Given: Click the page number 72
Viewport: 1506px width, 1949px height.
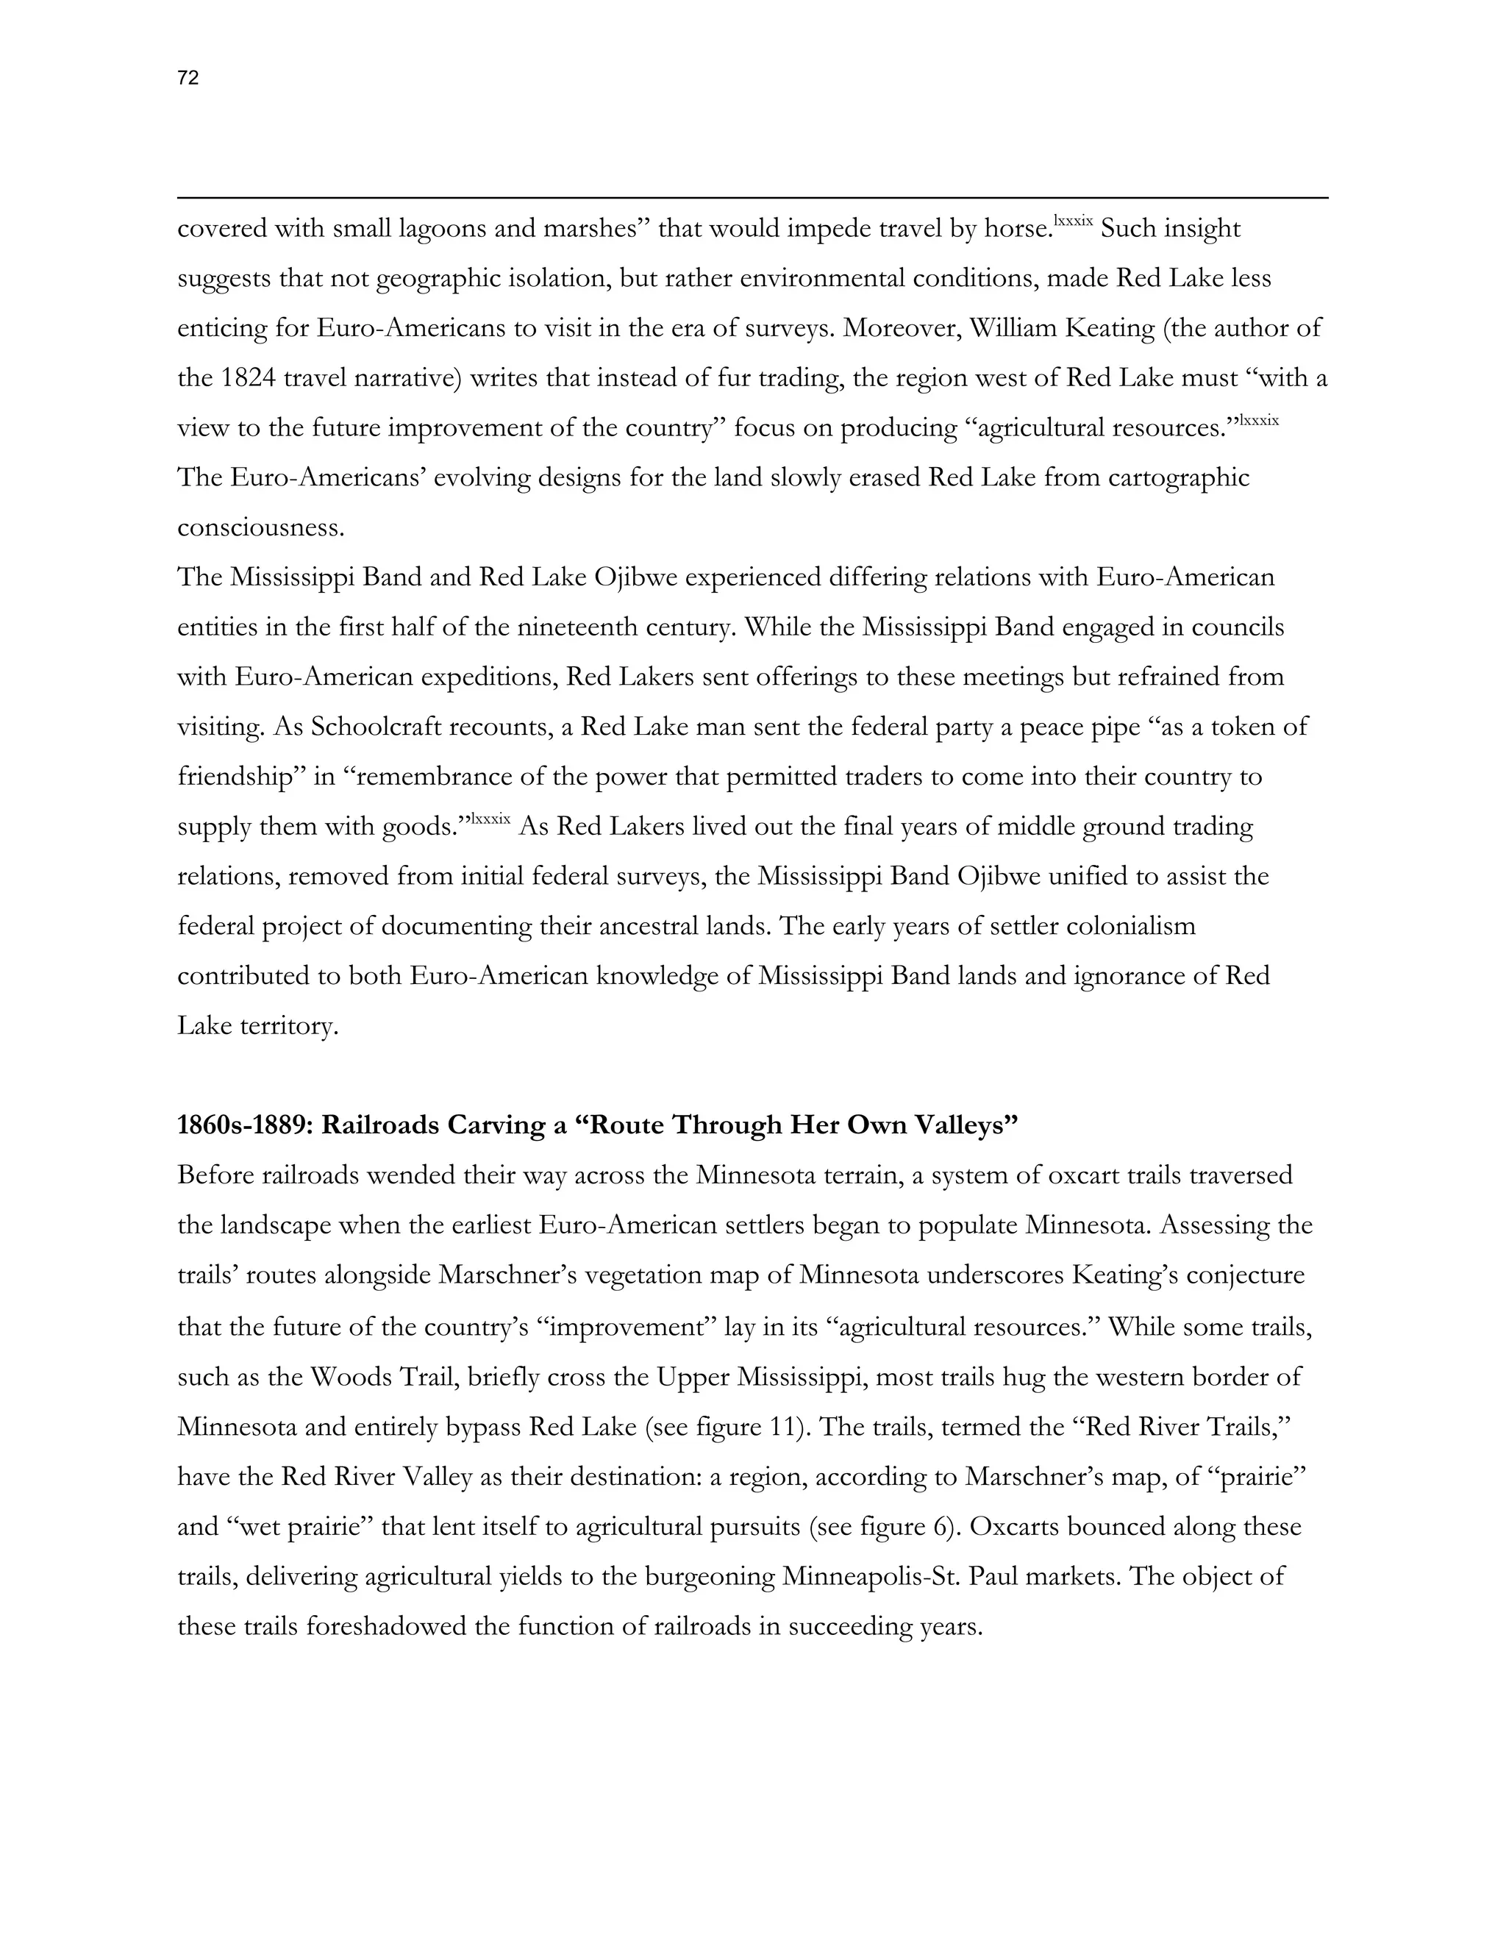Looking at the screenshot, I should tap(188, 79).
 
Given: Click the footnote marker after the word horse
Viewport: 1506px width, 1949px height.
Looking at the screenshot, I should tap(1074, 219).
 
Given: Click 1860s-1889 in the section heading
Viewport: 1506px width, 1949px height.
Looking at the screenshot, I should tap(246, 1125).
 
